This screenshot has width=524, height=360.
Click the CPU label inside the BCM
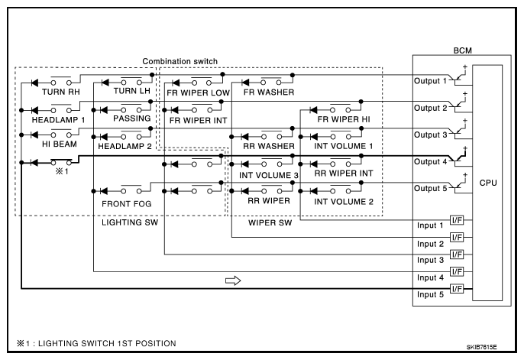coord(488,183)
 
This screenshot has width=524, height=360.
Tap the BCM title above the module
coord(463,50)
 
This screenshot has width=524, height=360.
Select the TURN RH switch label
coord(61,92)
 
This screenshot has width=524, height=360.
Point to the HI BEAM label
coord(60,144)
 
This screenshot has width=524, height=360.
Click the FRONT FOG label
coord(127,203)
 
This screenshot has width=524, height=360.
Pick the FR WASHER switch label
coord(269,92)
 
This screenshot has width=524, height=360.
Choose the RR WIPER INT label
coord(344,174)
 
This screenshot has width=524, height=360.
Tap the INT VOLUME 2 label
coord(344,202)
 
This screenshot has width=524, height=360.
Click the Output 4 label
coord(431,161)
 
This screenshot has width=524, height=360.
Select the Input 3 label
coord(431,260)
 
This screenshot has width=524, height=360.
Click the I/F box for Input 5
coord(457,288)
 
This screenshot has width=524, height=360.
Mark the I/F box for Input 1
coord(457,220)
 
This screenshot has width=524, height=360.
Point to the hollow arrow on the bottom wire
coord(233,281)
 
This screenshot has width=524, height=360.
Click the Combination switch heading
coord(180,61)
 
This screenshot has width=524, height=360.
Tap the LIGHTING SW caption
coord(130,222)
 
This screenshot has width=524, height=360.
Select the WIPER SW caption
coord(270,222)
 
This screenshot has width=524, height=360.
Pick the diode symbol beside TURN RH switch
coord(34,83)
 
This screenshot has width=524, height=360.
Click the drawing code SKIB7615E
coord(481,347)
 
